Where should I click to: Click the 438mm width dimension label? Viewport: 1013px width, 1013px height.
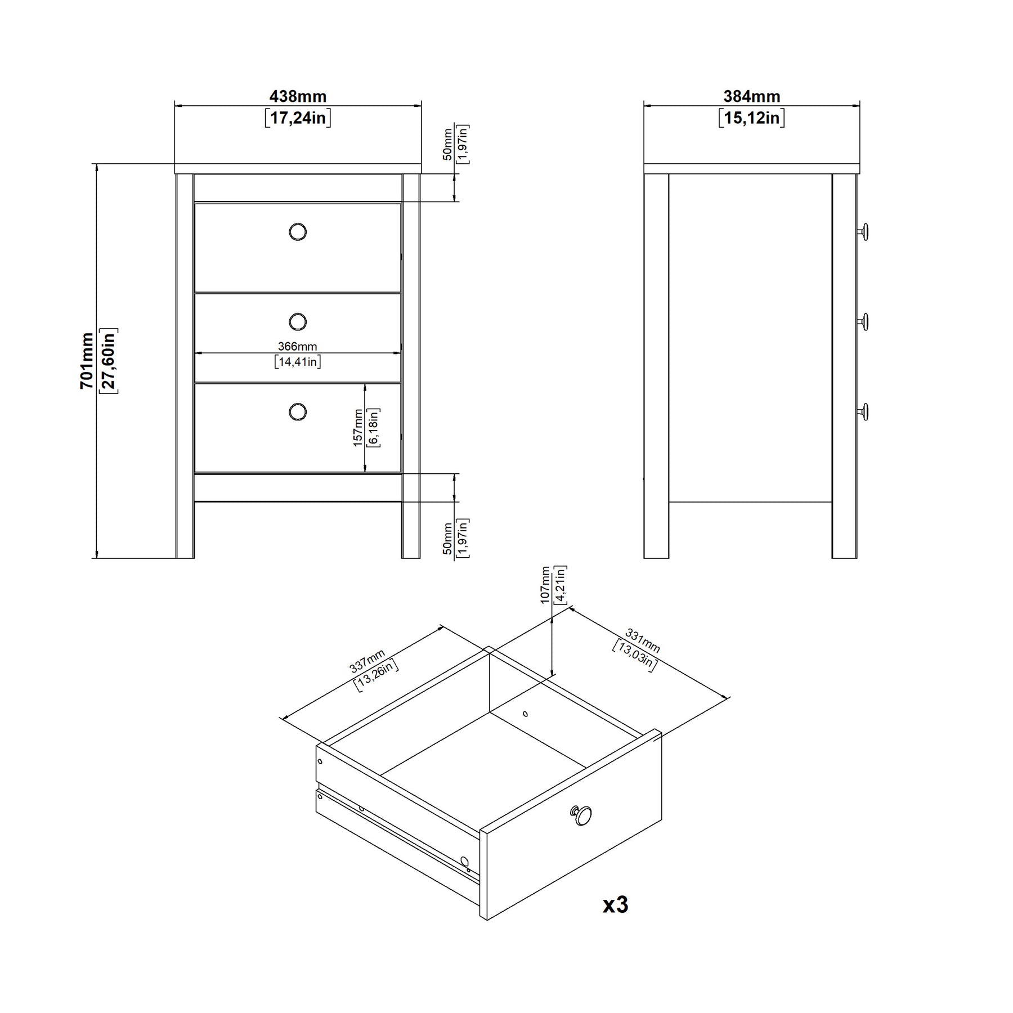298,97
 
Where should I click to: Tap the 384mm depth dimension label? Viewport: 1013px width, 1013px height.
752,97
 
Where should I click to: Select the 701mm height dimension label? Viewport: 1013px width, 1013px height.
87,361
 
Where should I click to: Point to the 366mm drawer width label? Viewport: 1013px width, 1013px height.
298,347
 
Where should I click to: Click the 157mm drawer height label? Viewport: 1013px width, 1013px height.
358,428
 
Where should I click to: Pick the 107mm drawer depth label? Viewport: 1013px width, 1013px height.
545,585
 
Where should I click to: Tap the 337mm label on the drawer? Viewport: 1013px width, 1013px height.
367,661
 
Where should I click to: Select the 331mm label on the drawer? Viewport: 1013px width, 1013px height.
643,642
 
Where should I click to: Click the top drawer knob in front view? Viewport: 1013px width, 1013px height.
298,231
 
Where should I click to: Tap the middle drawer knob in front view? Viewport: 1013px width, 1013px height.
298,322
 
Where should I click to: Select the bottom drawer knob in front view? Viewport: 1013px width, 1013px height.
298,411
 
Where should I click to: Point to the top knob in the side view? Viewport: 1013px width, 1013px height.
863,231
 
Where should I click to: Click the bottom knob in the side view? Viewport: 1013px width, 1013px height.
863,411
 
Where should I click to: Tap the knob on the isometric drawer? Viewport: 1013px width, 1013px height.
581,815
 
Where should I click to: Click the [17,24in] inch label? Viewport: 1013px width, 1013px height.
298,118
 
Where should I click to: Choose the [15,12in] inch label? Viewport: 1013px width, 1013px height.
752,118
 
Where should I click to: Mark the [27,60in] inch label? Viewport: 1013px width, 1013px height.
109,361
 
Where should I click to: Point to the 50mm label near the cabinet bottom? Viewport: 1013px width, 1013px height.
448,539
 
